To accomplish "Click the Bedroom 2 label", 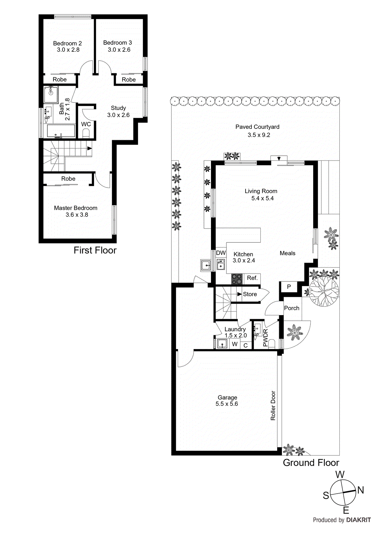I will click(x=67, y=43).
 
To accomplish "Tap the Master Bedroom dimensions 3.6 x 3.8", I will click(x=77, y=215).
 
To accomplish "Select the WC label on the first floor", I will click(x=86, y=124).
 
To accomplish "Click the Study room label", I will click(x=118, y=108).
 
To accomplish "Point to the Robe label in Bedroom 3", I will click(x=129, y=80).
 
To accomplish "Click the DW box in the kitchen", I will click(x=221, y=253).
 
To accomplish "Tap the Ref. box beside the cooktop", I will click(x=252, y=278).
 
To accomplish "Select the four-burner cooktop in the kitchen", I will click(x=237, y=279).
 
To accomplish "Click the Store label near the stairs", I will click(x=250, y=294).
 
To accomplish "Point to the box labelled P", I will click(x=289, y=287).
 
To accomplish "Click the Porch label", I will click(x=292, y=308).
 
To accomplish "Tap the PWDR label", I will click(x=265, y=338).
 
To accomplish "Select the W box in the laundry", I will click(x=235, y=344).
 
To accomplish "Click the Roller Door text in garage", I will click(x=273, y=406).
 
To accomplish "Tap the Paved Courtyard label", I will click(x=257, y=127).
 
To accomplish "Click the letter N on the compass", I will click(x=361, y=490).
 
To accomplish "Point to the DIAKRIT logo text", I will click(x=358, y=520).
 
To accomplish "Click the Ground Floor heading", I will click(x=311, y=463).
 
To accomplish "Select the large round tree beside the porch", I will click(x=324, y=292).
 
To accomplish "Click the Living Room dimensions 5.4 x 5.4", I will click(x=262, y=198).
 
